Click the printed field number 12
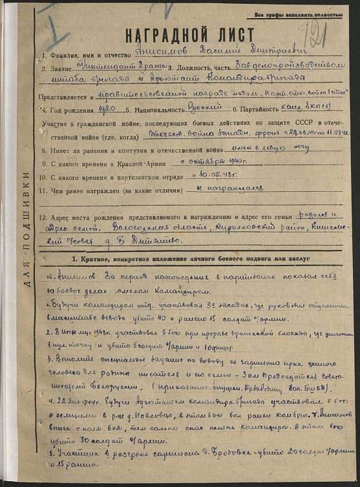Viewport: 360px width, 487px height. pos(43,216)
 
